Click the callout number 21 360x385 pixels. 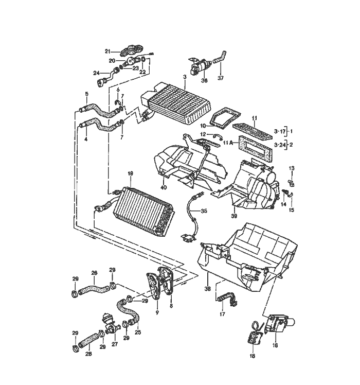tap(108, 51)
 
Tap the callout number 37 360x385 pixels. tap(221, 78)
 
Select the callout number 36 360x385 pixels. tap(204, 81)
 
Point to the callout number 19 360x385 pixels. tap(130, 173)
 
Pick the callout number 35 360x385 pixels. tap(204, 211)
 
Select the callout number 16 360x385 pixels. tap(275, 345)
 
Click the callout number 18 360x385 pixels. tap(252, 356)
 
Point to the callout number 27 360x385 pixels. tap(115, 344)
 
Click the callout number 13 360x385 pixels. tap(291, 168)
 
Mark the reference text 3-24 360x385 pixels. tap(280, 145)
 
